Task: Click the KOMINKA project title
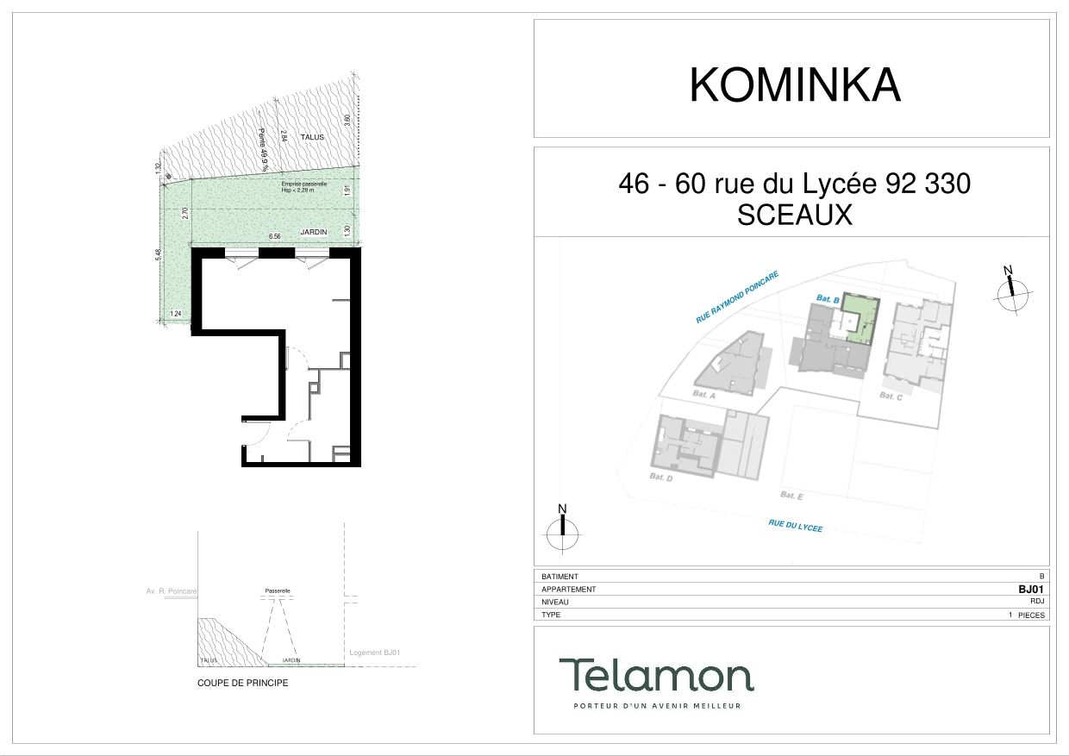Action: (x=794, y=85)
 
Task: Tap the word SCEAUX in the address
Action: (x=794, y=215)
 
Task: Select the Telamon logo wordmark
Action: (x=656, y=675)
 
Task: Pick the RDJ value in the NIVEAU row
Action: (x=1037, y=603)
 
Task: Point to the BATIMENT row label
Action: (x=560, y=577)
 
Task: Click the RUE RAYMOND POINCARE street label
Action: (x=737, y=297)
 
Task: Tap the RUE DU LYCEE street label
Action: (x=795, y=525)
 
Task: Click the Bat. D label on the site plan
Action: (x=660, y=476)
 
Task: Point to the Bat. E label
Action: (x=791, y=495)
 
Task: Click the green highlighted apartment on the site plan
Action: (x=860, y=319)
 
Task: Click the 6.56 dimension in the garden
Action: (x=275, y=235)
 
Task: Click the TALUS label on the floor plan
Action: (x=311, y=137)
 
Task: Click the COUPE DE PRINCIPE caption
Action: (x=242, y=683)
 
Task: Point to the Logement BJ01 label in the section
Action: (x=374, y=653)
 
